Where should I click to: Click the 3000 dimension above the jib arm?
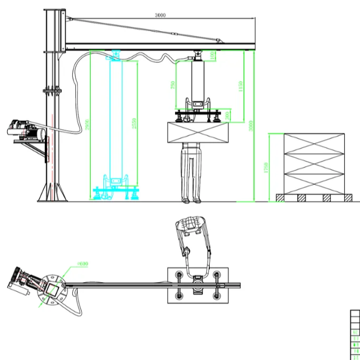point(160,15)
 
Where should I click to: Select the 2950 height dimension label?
point(87,125)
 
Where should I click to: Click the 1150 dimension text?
point(241,86)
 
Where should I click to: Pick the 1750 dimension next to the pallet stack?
point(267,167)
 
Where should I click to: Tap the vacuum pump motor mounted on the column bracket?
point(23,130)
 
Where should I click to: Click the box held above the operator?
point(198,132)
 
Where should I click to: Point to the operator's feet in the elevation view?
point(191,200)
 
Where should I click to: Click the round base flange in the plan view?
point(53,288)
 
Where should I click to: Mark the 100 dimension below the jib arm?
point(212,55)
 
